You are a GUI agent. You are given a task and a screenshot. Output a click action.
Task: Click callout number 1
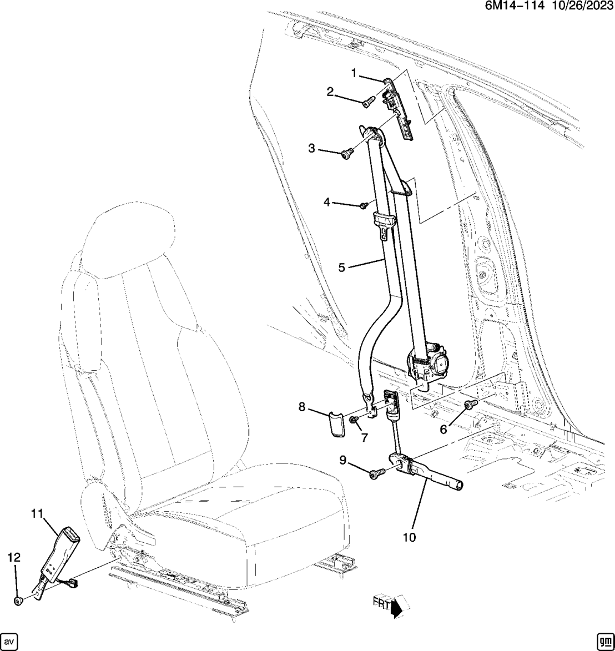coord(354,73)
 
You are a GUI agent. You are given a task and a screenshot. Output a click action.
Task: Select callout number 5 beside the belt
coord(341,267)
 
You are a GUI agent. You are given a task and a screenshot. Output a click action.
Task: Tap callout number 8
coord(301,407)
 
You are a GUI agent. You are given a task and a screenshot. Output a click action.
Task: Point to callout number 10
coord(409,537)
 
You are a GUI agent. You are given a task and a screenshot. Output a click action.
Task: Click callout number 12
coord(14,557)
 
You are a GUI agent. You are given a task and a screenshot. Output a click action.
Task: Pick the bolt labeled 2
coord(369,102)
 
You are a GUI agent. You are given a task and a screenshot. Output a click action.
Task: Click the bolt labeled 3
coord(346,153)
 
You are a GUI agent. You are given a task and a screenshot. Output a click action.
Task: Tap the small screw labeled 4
coord(364,205)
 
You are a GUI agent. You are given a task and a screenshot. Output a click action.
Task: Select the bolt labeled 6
coord(471,404)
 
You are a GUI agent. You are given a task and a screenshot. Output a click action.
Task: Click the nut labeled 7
coord(354,421)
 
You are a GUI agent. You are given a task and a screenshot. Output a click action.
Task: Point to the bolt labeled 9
coord(376,474)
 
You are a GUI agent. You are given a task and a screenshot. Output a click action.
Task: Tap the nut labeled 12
coord(19,600)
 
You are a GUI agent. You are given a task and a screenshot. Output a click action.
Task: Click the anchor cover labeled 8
coord(337,423)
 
